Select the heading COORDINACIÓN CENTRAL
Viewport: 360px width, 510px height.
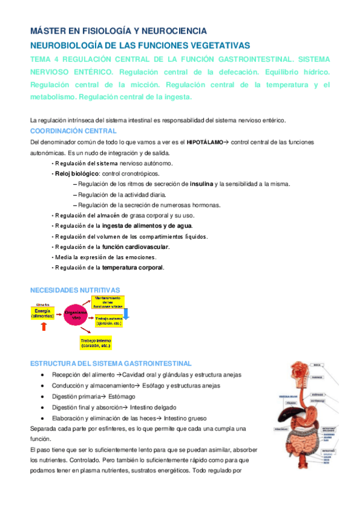point(73,131)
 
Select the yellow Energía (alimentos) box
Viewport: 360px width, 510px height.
point(43,313)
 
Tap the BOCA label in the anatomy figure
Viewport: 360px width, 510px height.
point(317,364)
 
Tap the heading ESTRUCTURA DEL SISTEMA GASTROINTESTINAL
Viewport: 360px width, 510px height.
point(111,363)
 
